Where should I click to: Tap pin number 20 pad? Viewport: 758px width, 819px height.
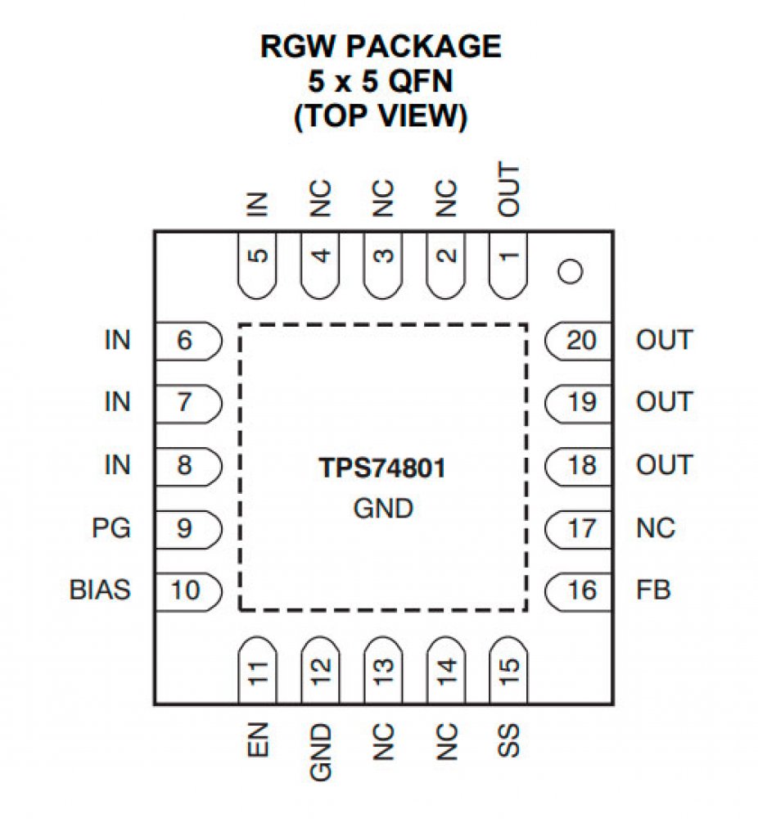580,340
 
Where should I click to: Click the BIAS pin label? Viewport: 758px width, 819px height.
100,590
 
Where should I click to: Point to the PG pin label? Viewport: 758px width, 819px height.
111,528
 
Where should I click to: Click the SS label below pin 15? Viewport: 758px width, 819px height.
509,741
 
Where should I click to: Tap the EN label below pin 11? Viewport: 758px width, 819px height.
259,741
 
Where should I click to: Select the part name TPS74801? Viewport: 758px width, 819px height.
382,472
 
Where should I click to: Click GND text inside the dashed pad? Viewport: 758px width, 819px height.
382,509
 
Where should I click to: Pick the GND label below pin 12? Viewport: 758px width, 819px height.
321,751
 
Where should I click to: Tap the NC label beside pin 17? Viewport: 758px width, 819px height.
656,528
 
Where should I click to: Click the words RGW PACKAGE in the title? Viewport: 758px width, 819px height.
380,47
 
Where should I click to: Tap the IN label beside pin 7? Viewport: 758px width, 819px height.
117,402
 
